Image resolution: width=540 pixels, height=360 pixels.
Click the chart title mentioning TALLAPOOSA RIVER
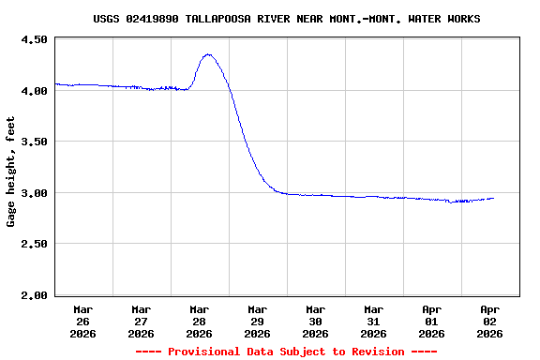pyautogui.click(x=287, y=19)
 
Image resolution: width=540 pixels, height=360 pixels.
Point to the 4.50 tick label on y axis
pyautogui.click(x=34, y=40)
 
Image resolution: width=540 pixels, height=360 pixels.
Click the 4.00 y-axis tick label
pyautogui.click(x=34, y=91)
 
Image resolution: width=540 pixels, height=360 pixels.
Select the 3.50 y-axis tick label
pyautogui.click(x=34, y=142)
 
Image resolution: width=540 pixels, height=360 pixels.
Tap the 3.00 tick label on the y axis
pyautogui.click(x=34, y=193)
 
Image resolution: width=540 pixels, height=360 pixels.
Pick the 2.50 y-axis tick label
pyautogui.click(x=34, y=244)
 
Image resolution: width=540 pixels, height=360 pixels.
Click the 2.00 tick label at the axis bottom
pyautogui.click(x=34, y=295)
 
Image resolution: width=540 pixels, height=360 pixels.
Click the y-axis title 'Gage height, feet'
pyautogui.click(x=11, y=172)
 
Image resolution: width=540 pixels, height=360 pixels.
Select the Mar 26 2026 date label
pyautogui.click(x=82, y=321)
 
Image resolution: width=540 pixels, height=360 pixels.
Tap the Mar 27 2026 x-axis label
pyautogui.click(x=141, y=321)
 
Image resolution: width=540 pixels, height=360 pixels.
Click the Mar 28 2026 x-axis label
pyautogui.click(x=199, y=321)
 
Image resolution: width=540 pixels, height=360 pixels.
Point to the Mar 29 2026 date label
pyautogui.click(x=257, y=321)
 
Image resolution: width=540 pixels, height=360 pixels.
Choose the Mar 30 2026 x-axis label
pyautogui.click(x=315, y=321)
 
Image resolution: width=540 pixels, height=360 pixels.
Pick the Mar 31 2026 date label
pyautogui.click(x=373, y=321)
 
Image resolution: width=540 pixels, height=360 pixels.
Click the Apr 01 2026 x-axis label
pyautogui.click(x=431, y=321)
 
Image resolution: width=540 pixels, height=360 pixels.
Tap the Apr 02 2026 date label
pyautogui.click(x=489, y=321)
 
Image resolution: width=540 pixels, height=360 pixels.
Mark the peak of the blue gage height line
pyautogui.click(x=208, y=54)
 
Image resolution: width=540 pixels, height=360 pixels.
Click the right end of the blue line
pyautogui.click(x=493, y=198)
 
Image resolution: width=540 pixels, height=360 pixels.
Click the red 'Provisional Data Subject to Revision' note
pyautogui.click(x=287, y=352)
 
